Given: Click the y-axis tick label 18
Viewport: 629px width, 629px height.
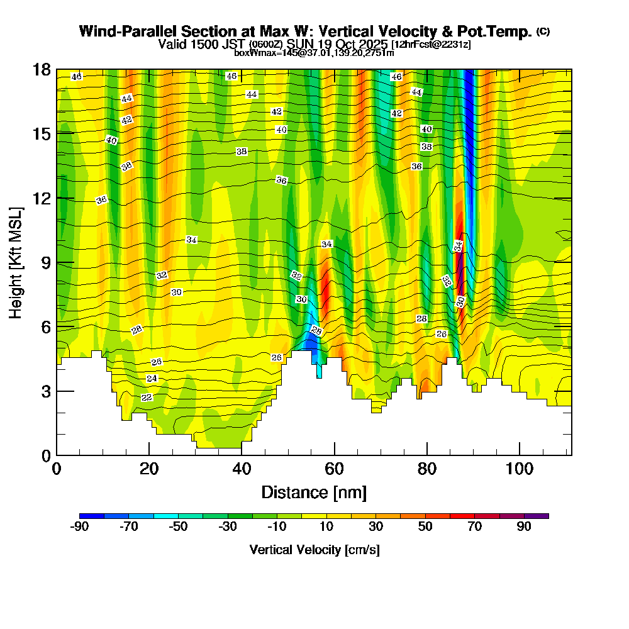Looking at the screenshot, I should [41, 69].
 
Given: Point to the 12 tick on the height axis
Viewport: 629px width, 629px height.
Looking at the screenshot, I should [41, 198].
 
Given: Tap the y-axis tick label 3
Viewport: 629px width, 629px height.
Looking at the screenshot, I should [45, 391].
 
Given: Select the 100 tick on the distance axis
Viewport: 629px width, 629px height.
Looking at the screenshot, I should [520, 469].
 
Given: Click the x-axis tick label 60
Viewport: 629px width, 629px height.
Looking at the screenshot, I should [334, 469].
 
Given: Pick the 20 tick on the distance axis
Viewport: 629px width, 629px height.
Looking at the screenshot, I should [149, 469].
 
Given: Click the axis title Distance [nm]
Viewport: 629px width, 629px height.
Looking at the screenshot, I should [314, 492].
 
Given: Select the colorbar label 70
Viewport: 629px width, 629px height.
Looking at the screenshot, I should [475, 526].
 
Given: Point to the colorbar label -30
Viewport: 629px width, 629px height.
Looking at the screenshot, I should [228, 526].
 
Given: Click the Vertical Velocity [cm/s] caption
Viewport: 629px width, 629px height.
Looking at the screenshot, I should [314, 550].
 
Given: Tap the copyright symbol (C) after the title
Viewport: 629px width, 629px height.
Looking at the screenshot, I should [543, 31].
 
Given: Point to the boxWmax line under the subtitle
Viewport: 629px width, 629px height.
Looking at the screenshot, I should [314, 53].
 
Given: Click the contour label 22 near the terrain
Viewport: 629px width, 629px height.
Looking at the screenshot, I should [147, 398].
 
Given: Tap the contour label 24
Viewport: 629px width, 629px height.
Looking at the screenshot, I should [152, 379].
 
